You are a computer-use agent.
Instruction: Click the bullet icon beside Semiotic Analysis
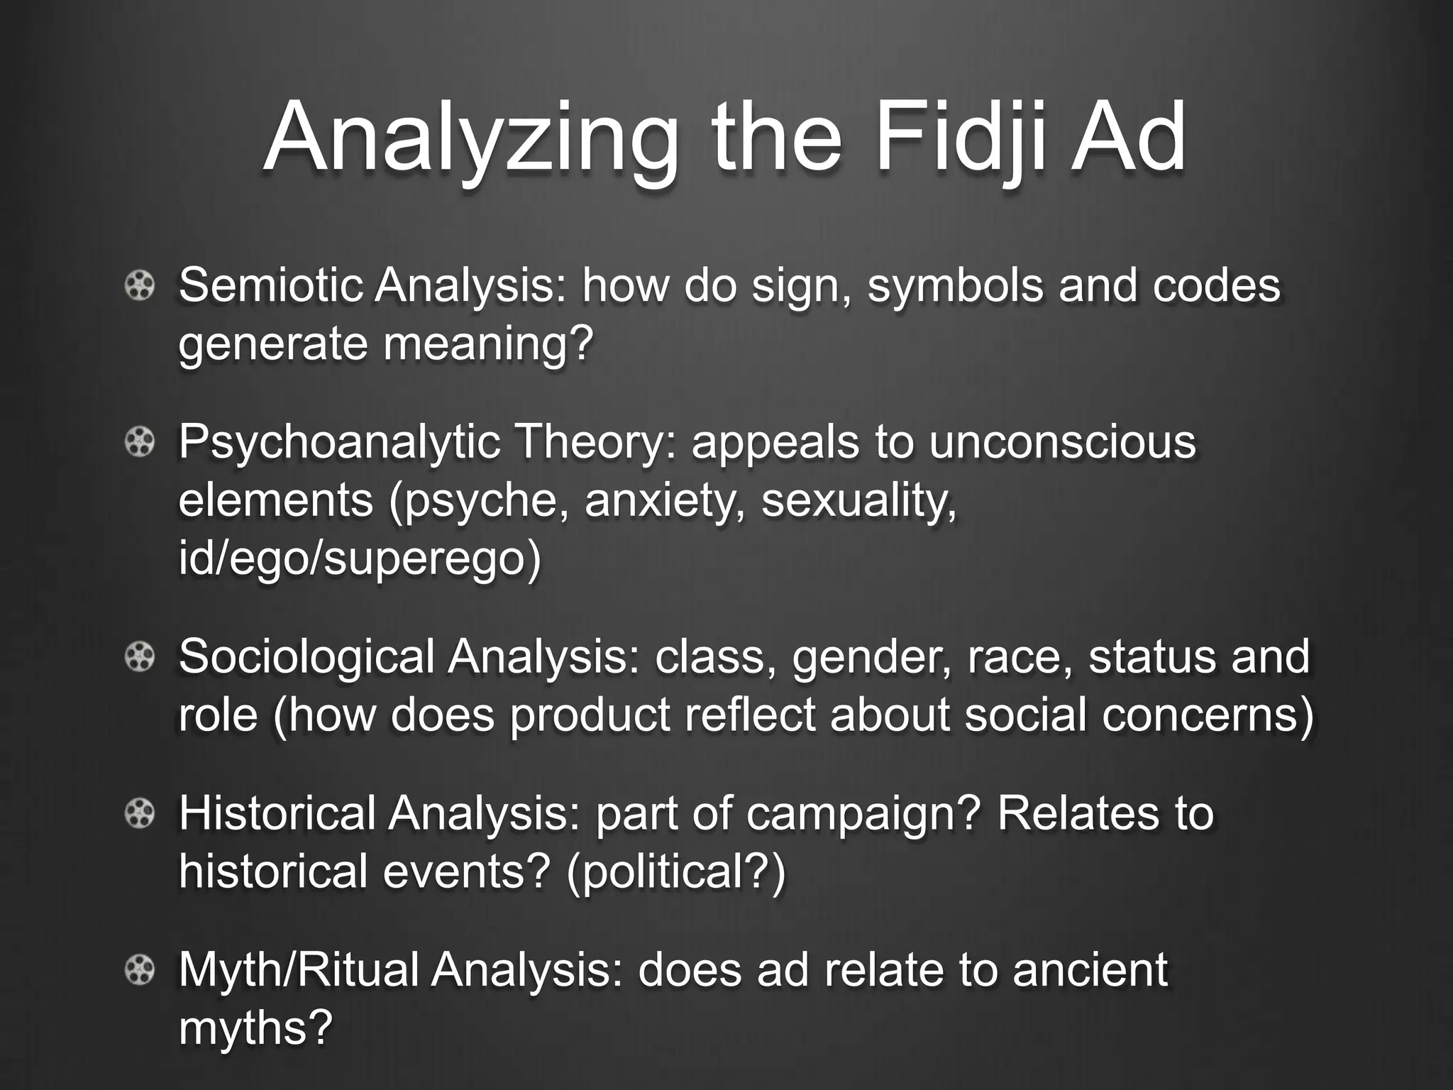140,287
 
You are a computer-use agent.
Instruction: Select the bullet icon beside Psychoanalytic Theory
140,444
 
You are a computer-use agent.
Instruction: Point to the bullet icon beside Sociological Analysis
140,658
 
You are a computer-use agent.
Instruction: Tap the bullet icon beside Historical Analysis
140,814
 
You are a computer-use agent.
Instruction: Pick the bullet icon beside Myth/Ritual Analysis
140,970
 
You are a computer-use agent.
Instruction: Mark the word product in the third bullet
590,715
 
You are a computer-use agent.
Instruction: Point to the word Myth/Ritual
299,970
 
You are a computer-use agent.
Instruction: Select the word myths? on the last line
255,1027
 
